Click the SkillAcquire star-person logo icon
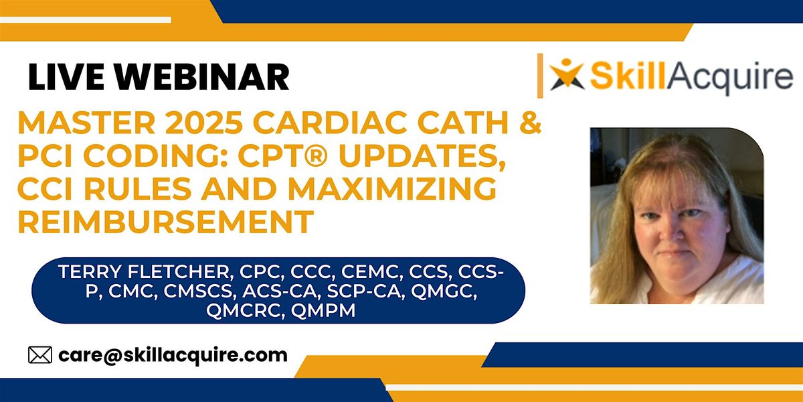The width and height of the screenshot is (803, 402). point(565,74)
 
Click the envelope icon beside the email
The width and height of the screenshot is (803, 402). point(39,354)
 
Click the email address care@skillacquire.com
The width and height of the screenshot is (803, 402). point(173,354)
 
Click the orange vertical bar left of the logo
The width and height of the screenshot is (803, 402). point(540,75)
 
